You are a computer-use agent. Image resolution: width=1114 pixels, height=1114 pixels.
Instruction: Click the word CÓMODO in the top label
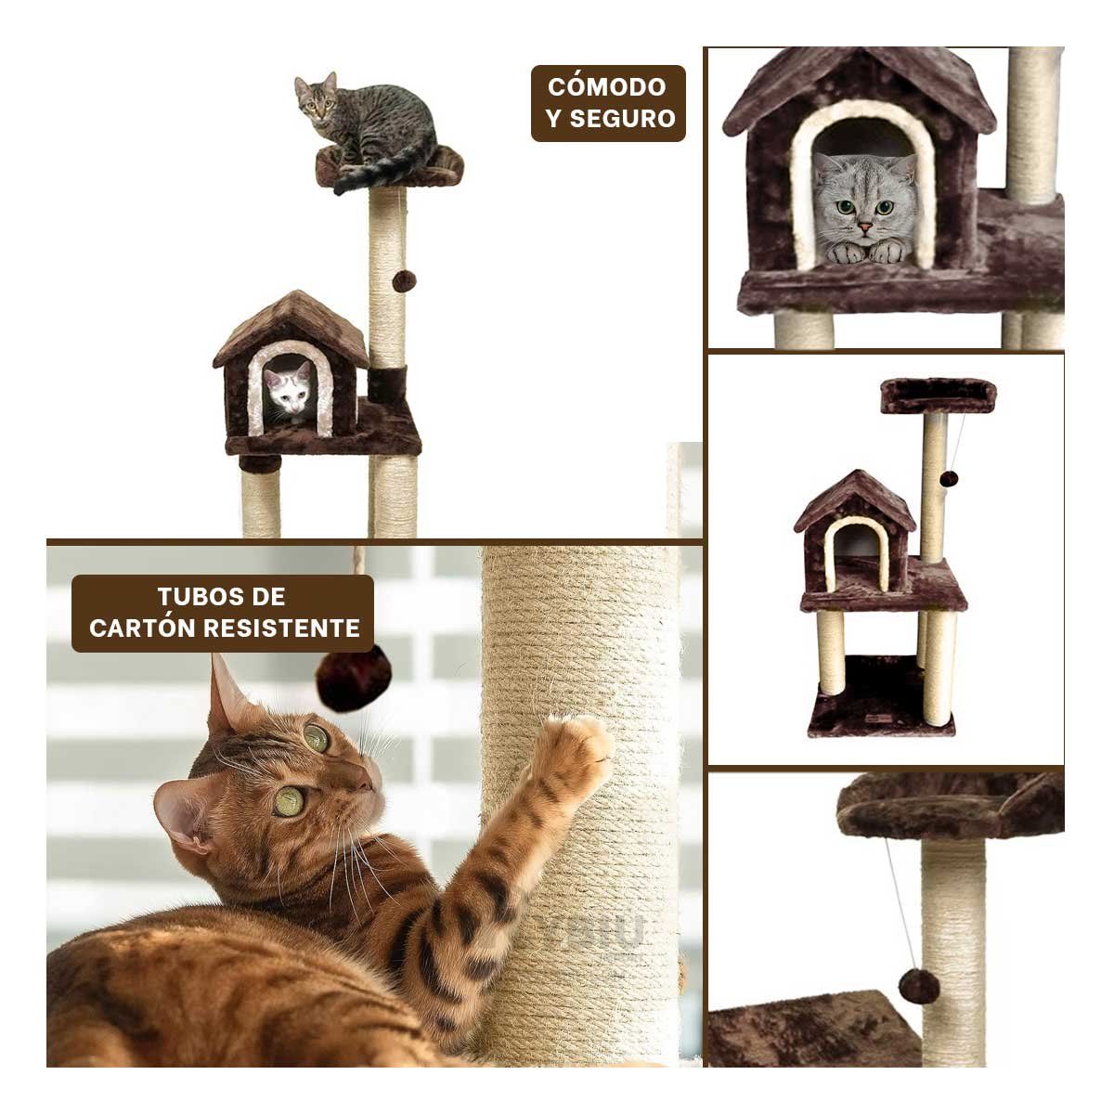tap(607, 87)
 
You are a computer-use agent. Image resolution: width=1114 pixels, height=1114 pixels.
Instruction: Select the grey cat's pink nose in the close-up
tap(864, 226)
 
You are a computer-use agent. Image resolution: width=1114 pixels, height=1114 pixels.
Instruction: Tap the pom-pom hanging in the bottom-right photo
tap(918, 987)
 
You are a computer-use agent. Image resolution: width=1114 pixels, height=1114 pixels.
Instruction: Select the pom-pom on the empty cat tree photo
tap(949, 479)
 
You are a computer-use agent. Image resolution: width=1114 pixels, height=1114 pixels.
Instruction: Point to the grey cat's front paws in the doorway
tap(865, 251)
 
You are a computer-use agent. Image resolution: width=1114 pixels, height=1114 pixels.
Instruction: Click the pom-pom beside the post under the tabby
tap(404, 281)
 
